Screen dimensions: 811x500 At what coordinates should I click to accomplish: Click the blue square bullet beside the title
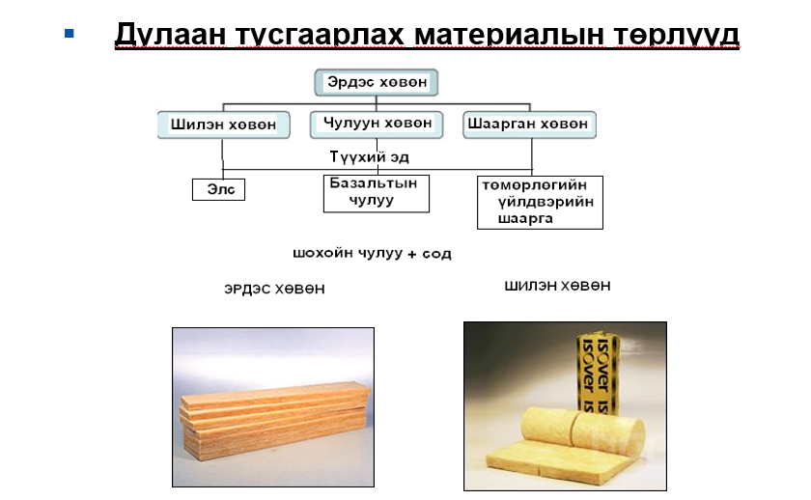click(x=70, y=34)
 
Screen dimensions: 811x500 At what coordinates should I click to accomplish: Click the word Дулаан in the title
click(x=170, y=34)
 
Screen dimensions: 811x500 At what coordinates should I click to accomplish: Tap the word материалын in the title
click(x=509, y=34)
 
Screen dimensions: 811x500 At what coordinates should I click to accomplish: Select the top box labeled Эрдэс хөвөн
click(x=377, y=82)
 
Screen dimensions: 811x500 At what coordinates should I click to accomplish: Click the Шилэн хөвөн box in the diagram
click(x=223, y=125)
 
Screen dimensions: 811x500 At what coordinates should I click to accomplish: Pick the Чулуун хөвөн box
click(x=377, y=125)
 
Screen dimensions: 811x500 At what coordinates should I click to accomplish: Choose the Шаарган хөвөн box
click(x=529, y=125)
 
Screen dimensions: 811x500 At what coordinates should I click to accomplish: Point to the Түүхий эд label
click(x=369, y=156)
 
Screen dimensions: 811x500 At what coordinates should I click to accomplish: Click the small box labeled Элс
click(x=219, y=189)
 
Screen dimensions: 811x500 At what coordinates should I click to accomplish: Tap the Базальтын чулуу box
click(x=377, y=193)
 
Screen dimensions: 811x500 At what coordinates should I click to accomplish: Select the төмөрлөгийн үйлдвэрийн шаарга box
click(x=540, y=202)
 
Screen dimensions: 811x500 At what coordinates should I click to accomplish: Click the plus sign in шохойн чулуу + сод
click(x=412, y=255)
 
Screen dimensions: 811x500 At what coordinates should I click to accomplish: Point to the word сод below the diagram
click(x=436, y=254)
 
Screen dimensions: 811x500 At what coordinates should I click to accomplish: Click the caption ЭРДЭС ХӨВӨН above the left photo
click(x=274, y=289)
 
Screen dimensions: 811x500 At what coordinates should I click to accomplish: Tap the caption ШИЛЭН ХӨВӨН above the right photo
click(x=558, y=286)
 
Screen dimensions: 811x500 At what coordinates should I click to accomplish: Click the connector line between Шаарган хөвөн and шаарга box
click(x=532, y=157)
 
